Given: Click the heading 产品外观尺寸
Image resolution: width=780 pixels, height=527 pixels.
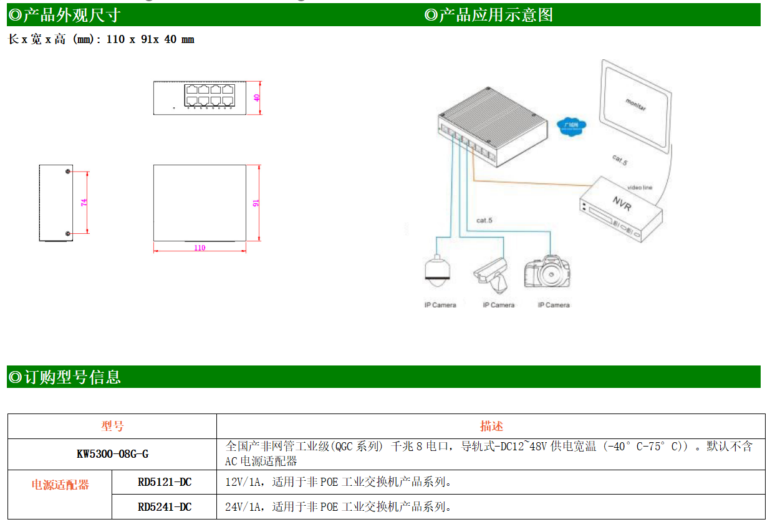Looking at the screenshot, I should pos(71,15).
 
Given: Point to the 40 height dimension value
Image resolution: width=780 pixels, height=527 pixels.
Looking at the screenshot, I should pos(257,98).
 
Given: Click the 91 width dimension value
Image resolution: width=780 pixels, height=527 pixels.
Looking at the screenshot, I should pos(256,203).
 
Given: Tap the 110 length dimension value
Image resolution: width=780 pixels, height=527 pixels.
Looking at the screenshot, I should pos(200,248).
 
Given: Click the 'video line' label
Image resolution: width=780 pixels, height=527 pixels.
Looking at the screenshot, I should pos(639,187).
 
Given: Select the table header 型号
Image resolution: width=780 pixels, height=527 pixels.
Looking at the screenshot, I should pos(112,426).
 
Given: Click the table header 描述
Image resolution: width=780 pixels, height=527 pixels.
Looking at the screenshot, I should pos(491,426).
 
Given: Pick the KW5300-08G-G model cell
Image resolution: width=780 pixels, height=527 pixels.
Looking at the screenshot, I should pos(112,454).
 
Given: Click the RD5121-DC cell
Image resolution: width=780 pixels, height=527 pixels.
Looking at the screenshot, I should pos(164,482).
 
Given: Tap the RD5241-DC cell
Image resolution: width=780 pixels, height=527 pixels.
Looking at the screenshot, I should pos(164,507).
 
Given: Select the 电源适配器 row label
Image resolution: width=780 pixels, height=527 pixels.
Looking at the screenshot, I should pos(60,485).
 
